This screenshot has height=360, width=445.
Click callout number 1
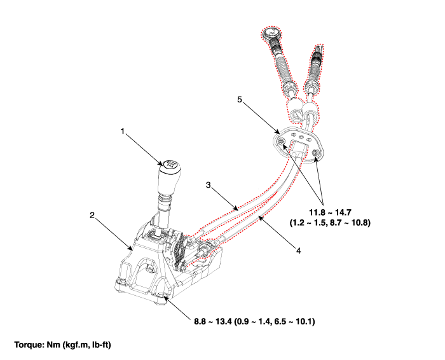pyautogui.click(x=123, y=132)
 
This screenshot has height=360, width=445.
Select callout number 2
pyautogui.click(x=92, y=215)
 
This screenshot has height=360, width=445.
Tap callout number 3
pyautogui.click(x=209, y=185)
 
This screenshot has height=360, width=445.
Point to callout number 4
pyautogui.click(x=298, y=251)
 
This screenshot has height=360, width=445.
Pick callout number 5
pyautogui.click(x=240, y=100)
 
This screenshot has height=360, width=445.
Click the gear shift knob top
pyautogui.click(x=170, y=164)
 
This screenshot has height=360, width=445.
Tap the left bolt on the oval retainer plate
pyautogui.click(x=282, y=142)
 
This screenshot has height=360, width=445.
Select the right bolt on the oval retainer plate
pyautogui.click(x=315, y=153)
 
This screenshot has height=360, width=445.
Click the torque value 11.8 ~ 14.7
pyautogui.click(x=330, y=212)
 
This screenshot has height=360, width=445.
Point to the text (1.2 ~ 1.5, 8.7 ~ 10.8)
pyautogui.click(x=330, y=223)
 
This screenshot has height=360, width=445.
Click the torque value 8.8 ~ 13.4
pyautogui.click(x=213, y=322)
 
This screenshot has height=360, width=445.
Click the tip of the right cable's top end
pyautogui.click(x=319, y=46)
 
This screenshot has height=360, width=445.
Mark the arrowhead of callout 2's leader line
pyautogui.click(x=131, y=249)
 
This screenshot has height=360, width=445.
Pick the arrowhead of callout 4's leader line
pyautogui.click(x=259, y=218)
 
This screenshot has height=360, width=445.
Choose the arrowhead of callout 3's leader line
pyautogui.click(x=236, y=209)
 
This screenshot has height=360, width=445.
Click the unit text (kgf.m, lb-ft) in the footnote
pyautogui.click(x=86, y=345)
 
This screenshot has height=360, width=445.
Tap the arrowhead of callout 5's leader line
pyautogui.click(x=278, y=132)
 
